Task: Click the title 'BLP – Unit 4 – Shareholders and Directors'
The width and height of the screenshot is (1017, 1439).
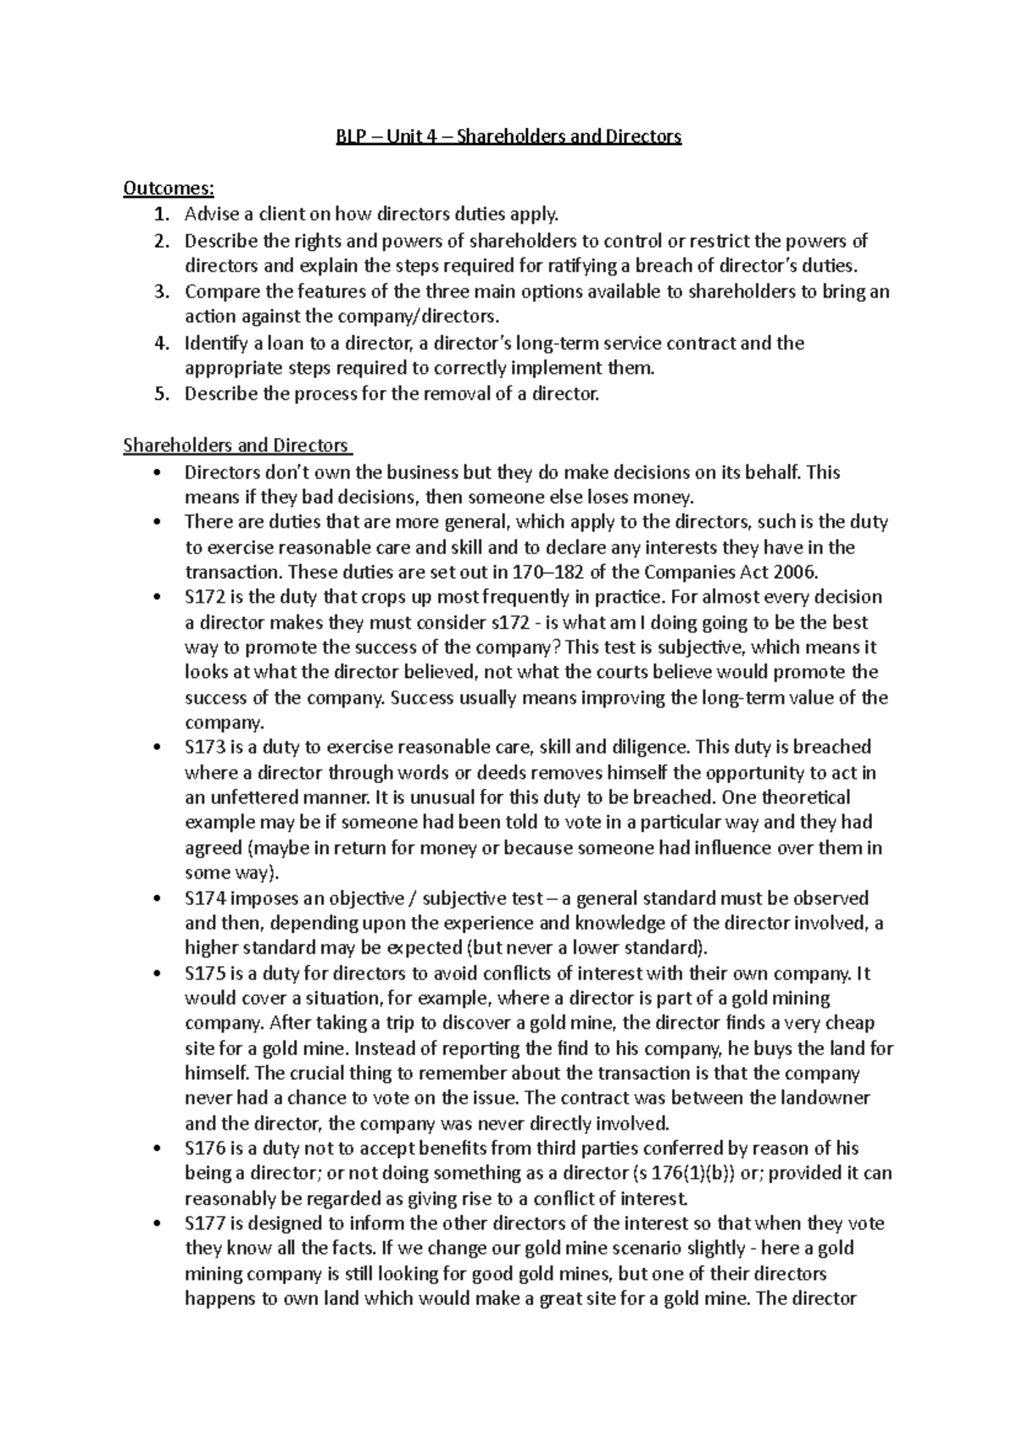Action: point(508,136)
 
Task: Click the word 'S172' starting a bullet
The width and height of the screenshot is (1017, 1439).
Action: point(204,597)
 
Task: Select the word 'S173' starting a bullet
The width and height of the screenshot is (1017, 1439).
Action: point(204,747)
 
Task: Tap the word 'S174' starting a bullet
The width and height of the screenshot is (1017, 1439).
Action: point(204,898)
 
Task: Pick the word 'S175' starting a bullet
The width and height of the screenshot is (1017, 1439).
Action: point(204,974)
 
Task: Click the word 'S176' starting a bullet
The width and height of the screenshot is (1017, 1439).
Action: point(204,1148)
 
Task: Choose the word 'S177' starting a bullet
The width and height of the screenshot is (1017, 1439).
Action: point(204,1224)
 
